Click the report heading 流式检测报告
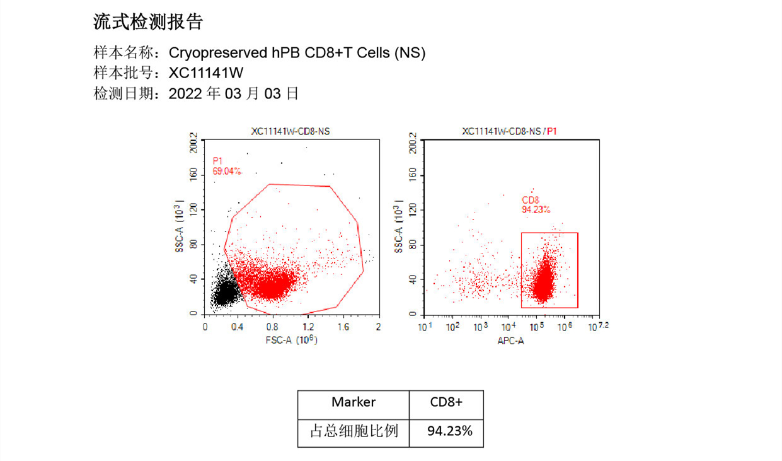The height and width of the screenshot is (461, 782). [x=148, y=23]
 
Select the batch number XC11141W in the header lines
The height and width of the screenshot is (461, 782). [x=206, y=73]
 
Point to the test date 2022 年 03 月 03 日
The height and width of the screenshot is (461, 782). [x=234, y=94]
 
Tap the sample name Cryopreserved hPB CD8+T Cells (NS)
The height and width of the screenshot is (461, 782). [x=297, y=53]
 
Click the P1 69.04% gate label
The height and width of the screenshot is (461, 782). [x=226, y=166]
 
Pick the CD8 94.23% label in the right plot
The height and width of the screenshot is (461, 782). [x=535, y=204]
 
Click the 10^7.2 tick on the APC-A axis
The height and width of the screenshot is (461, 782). [x=598, y=327]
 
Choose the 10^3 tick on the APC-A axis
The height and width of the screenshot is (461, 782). [x=480, y=327]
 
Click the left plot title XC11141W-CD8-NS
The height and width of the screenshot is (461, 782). [x=290, y=131]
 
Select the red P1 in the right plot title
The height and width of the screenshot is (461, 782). [x=552, y=131]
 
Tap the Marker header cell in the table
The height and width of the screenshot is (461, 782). [x=354, y=402]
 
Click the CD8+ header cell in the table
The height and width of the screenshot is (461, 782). [x=446, y=402]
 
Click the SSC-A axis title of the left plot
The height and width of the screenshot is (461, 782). [x=180, y=227]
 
